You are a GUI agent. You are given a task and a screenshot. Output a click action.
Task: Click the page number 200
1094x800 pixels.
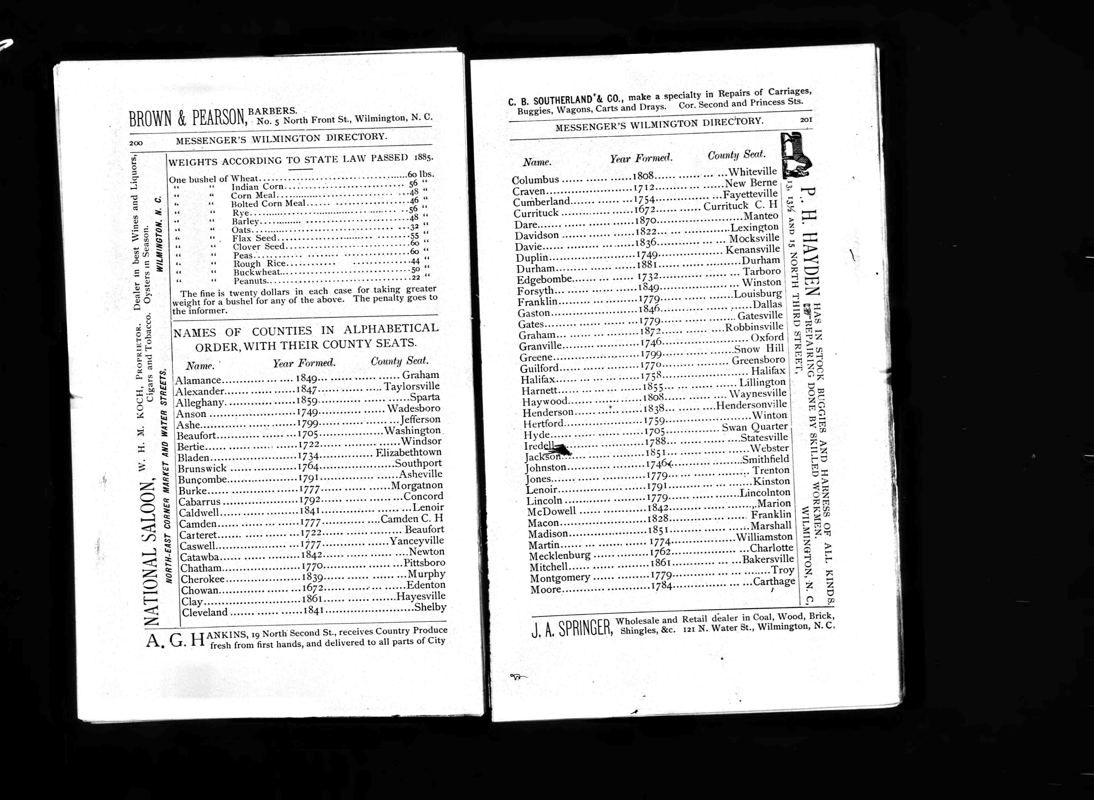(135, 143)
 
